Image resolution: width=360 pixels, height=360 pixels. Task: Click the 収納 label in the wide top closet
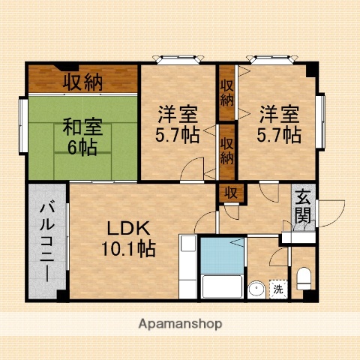[x=82, y=82]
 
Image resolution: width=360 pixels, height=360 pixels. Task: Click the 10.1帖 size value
[x=129, y=249]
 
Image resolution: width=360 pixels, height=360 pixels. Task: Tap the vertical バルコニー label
[x=46, y=240]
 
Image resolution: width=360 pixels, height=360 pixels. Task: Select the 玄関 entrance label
[x=303, y=207]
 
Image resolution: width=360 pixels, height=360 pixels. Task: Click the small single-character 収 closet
[x=232, y=193]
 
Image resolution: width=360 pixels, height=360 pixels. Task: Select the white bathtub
[x=222, y=286]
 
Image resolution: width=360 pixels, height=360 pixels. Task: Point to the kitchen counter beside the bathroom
[x=188, y=265]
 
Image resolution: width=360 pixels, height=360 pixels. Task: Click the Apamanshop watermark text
[x=180, y=324]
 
